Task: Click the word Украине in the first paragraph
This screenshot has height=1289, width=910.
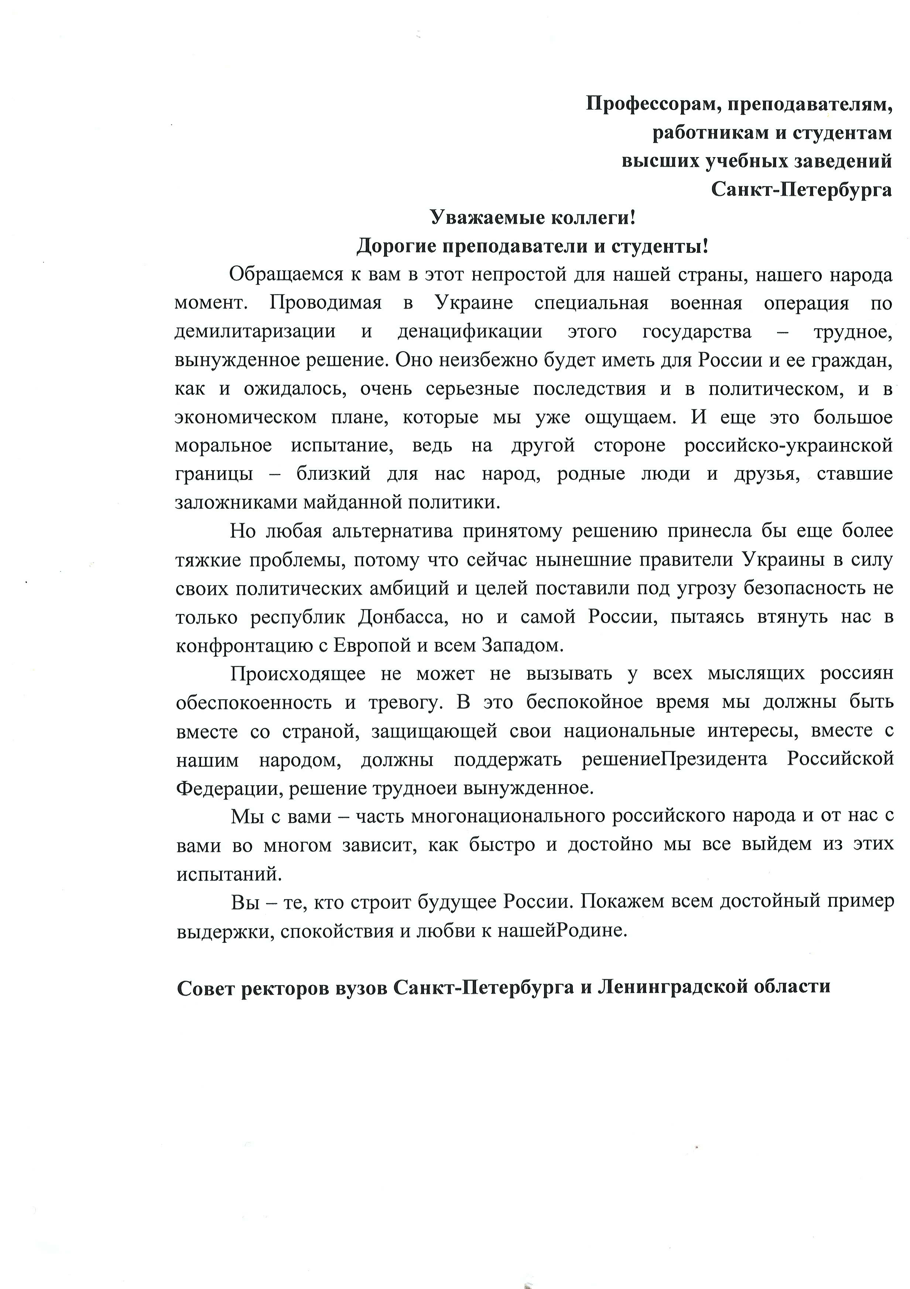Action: pos(474,303)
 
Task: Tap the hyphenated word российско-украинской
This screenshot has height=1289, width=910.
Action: pos(788,446)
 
